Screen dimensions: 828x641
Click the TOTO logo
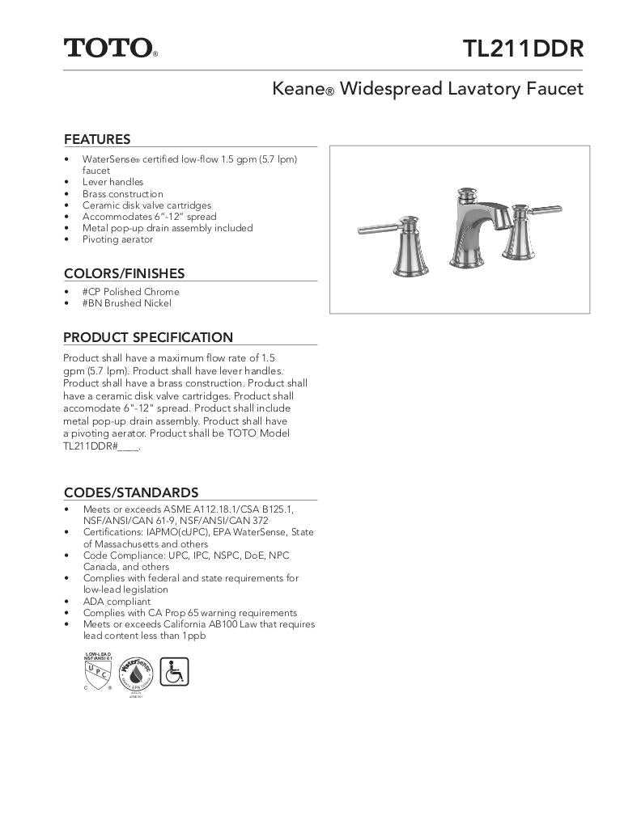pyautogui.click(x=109, y=48)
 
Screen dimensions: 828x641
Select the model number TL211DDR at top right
pyautogui.click(x=523, y=49)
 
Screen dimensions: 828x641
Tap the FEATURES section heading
pyautogui.click(x=97, y=139)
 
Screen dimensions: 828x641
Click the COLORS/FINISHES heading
pyautogui.click(x=124, y=273)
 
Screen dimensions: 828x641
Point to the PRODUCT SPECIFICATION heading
pyautogui.click(x=148, y=337)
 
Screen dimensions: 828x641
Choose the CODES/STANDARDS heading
pyautogui.click(x=131, y=492)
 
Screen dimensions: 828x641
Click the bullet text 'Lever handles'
pyautogui.click(x=112, y=182)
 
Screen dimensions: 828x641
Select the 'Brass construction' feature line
pyautogui.click(x=122, y=194)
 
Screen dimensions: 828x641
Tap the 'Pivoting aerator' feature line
pyautogui.click(x=117, y=239)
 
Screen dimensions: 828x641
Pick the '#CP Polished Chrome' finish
pyautogui.click(x=130, y=292)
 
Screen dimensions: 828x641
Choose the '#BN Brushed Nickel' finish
pyautogui.click(x=126, y=303)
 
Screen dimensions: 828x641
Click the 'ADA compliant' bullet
pyautogui.click(x=117, y=602)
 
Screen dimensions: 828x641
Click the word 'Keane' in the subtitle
pyautogui.click(x=298, y=89)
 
